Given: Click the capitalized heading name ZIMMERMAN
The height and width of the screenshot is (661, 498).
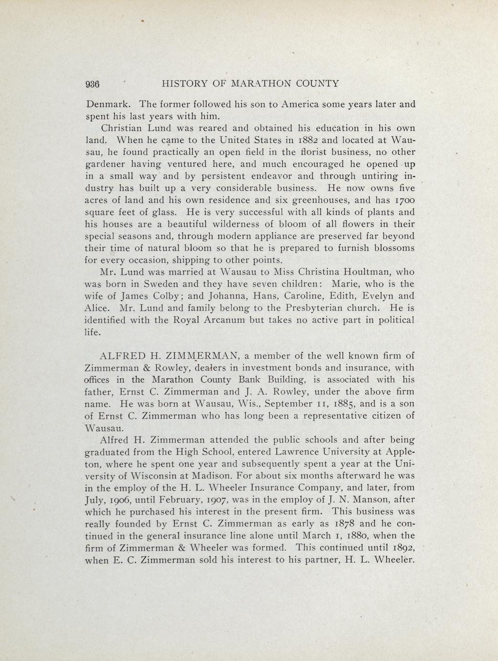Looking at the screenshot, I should (201, 356).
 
